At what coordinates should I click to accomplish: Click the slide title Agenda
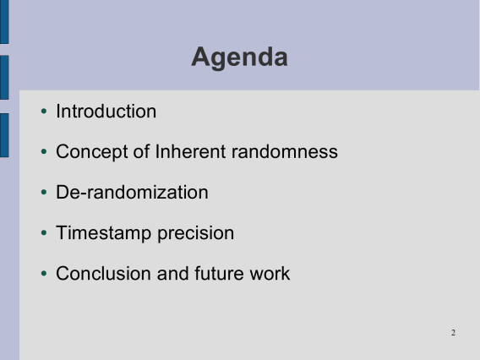pyautogui.click(x=239, y=58)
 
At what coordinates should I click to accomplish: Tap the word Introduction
pyautogui.click(x=106, y=111)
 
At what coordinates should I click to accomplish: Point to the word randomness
pyautogui.click(x=285, y=151)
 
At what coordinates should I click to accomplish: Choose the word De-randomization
pyautogui.click(x=132, y=192)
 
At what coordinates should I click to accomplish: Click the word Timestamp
pyautogui.click(x=103, y=233)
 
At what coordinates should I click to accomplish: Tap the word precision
pyautogui.click(x=195, y=233)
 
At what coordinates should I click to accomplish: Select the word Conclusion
pyautogui.click(x=103, y=273)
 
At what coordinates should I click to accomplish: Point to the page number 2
pyautogui.click(x=453, y=333)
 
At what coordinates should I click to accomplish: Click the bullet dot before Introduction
pyautogui.click(x=44, y=111)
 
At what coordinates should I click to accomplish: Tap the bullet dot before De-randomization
pyautogui.click(x=44, y=192)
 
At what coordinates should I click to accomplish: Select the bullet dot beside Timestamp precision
pyautogui.click(x=44, y=233)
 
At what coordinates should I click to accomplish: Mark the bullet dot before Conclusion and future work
pyautogui.click(x=44, y=273)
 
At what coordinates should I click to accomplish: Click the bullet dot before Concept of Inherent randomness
pyautogui.click(x=44, y=151)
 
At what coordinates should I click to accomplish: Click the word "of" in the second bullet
pyautogui.click(x=141, y=151)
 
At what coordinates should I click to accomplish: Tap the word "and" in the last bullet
pyautogui.click(x=172, y=273)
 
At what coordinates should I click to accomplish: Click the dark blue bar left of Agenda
pyautogui.click(x=4, y=78)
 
